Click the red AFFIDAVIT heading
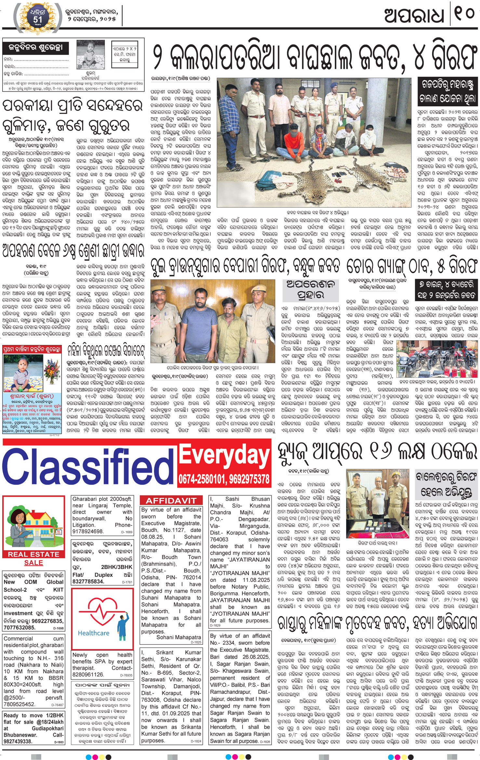point(171,500)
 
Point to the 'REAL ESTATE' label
point(33,554)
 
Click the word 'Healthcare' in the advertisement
point(94,633)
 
